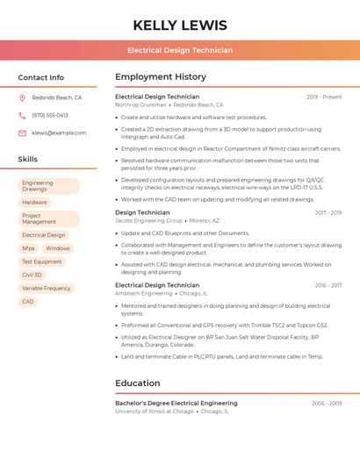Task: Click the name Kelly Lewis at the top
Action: (180, 25)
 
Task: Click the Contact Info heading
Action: (41, 77)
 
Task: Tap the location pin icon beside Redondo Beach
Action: (22, 97)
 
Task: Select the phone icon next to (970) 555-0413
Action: (22, 115)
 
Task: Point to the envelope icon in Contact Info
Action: (22, 132)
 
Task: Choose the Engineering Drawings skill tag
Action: (48, 186)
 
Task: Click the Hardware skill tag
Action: (35, 203)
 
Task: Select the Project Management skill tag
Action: (48, 218)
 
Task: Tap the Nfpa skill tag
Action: (29, 248)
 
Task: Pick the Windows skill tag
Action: (58, 248)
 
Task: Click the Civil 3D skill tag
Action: (32, 275)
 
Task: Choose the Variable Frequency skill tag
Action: (47, 288)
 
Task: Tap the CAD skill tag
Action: (28, 301)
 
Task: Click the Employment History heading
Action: (161, 77)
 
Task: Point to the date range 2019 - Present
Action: (324, 97)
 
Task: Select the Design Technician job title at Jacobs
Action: (142, 212)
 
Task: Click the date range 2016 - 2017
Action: (328, 285)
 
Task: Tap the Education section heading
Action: (138, 383)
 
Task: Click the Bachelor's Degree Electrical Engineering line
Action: (176, 403)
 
